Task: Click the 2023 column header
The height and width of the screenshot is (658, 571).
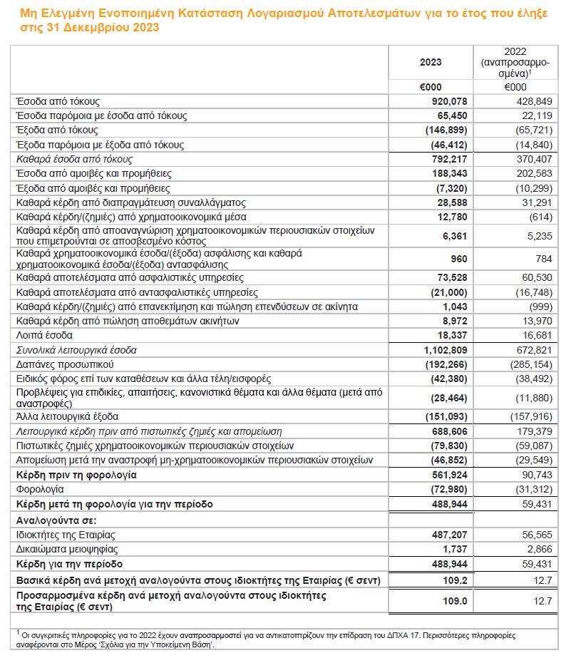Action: point(431,62)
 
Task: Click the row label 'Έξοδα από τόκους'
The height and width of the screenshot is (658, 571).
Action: point(58,130)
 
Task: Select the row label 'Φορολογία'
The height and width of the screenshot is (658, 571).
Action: point(40,489)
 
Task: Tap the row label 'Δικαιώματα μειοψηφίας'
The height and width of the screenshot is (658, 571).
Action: point(66,549)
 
